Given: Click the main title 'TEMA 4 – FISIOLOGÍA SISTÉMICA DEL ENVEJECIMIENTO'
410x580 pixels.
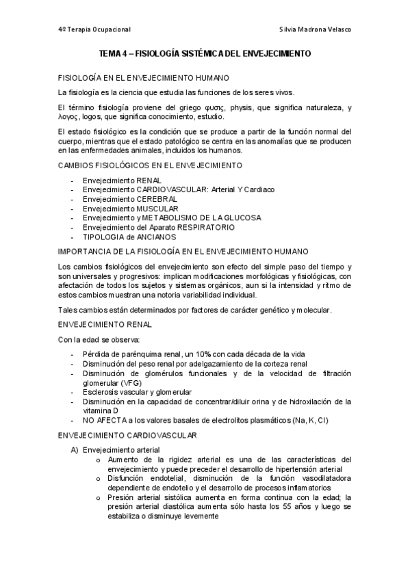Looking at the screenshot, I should pyautogui.click(x=205, y=53).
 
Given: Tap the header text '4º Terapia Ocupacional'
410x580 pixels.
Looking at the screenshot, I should pyautogui.click(x=94, y=29).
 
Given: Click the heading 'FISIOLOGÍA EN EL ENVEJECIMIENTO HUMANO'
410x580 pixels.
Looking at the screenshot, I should pyautogui.click(x=143, y=78).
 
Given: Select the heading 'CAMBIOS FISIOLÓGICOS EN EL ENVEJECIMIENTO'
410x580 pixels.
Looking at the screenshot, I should pyautogui.click(x=150, y=166).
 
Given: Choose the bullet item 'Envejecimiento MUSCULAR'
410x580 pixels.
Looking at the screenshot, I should pyautogui.click(x=130, y=208).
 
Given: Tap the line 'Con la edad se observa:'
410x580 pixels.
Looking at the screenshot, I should pyautogui.click(x=99, y=340).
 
